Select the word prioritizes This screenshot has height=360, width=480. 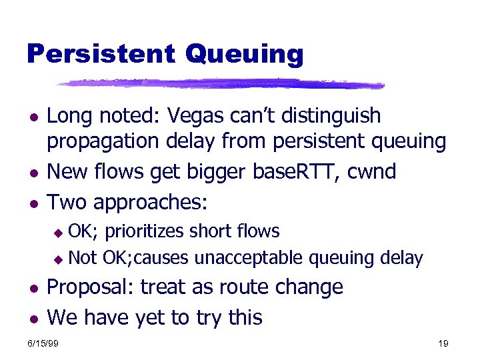146,232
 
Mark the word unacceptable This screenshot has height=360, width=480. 256,257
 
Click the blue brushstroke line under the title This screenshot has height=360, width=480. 220,84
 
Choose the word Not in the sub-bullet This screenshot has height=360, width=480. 83,257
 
